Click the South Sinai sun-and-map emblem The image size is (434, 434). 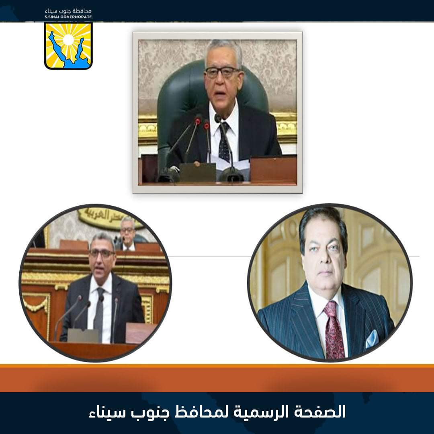pos(68,45)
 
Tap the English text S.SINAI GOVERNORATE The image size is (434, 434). pos(68,17)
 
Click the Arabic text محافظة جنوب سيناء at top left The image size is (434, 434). pos(68,10)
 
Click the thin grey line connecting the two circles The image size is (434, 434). pos(209,256)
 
